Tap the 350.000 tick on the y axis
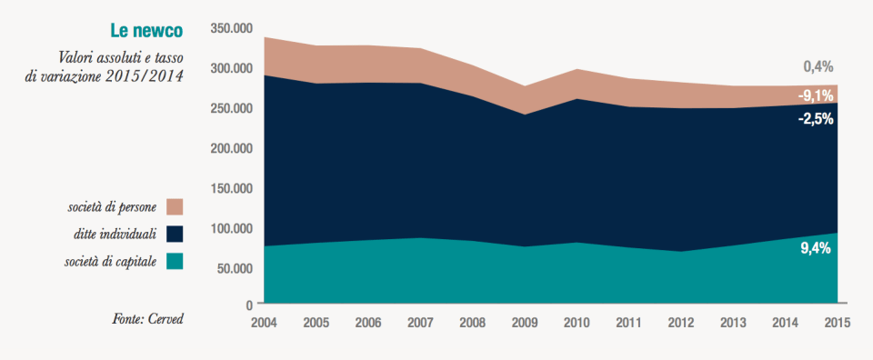(230, 29)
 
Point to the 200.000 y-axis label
(230, 148)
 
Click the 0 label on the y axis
(248, 304)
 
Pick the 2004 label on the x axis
(264, 323)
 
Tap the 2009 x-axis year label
(524, 323)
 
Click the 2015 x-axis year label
(837, 323)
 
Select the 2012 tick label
(680, 323)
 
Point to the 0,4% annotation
(818, 67)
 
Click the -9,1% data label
(815, 95)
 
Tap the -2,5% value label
(815, 119)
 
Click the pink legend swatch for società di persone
(175, 206)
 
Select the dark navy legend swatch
(175, 234)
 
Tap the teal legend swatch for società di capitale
(175, 262)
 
